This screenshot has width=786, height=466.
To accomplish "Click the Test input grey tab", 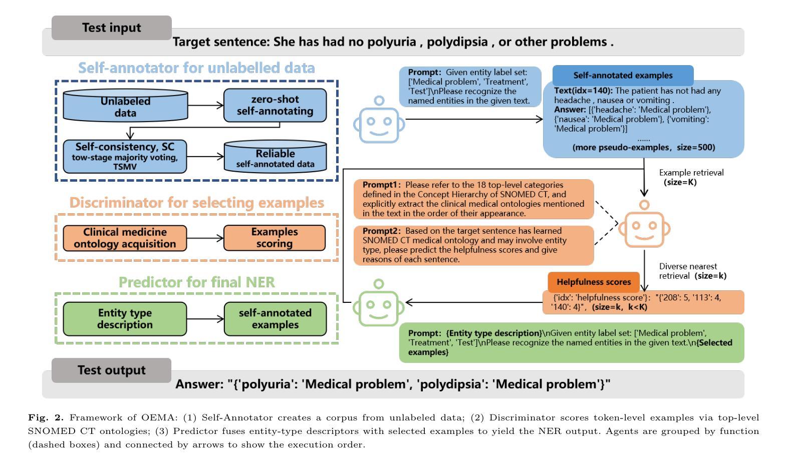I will click(112, 28).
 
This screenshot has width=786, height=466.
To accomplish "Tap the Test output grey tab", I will click(111, 370).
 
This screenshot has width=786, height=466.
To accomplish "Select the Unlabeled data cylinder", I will click(125, 105).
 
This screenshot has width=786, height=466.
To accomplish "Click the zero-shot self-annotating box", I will click(275, 105).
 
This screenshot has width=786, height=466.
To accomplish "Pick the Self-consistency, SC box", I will click(125, 156).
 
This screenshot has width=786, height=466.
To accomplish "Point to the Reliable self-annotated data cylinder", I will click(275, 157).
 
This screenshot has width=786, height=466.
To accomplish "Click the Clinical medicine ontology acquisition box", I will click(125, 238).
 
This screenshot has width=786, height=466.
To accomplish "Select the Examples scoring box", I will click(274, 238).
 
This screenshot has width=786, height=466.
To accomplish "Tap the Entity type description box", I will click(125, 319).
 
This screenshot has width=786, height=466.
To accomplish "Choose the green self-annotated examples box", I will click(275, 319).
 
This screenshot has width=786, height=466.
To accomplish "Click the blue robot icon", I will click(379, 120).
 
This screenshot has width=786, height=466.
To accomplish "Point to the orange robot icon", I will click(644, 225).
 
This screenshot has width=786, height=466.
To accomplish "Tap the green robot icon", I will click(379, 303).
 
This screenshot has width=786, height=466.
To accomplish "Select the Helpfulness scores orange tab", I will click(594, 282).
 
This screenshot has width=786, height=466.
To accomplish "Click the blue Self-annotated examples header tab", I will click(623, 76).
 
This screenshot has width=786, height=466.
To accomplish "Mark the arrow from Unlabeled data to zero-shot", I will click(205, 105).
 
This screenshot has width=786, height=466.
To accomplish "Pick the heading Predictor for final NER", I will click(196, 282).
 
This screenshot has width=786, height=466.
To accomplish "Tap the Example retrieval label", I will click(691, 173).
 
